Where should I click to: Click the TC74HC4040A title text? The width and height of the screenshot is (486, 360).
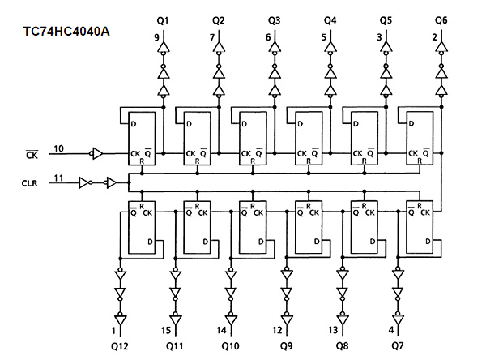[x=66, y=32]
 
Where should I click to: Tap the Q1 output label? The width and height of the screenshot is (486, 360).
[x=163, y=21]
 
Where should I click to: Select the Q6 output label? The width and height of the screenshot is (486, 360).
[x=441, y=20]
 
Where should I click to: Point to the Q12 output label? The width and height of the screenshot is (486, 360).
[x=120, y=346]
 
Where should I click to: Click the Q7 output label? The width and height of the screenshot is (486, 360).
[x=398, y=345]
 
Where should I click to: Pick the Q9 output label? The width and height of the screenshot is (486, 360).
[x=286, y=345]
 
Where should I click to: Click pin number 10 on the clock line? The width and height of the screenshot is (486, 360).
[x=58, y=148]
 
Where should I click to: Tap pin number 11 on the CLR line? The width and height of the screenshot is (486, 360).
[x=58, y=178]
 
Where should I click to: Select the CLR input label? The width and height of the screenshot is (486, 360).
[x=29, y=183]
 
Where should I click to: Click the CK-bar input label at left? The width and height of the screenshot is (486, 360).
[x=32, y=154]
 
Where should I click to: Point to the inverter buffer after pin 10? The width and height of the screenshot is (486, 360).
[x=96, y=153]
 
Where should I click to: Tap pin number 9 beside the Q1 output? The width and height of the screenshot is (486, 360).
[x=156, y=37]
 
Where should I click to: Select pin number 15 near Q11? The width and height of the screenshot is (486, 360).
[x=166, y=330]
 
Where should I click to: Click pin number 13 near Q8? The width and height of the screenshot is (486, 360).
[x=333, y=330]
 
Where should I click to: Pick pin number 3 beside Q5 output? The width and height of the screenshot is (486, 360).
[x=379, y=37]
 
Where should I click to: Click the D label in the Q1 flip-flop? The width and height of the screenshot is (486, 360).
[x=134, y=124]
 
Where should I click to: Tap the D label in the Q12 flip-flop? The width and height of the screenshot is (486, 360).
[x=150, y=242]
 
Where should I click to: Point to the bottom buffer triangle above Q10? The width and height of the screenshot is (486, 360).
[x=231, y=319]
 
